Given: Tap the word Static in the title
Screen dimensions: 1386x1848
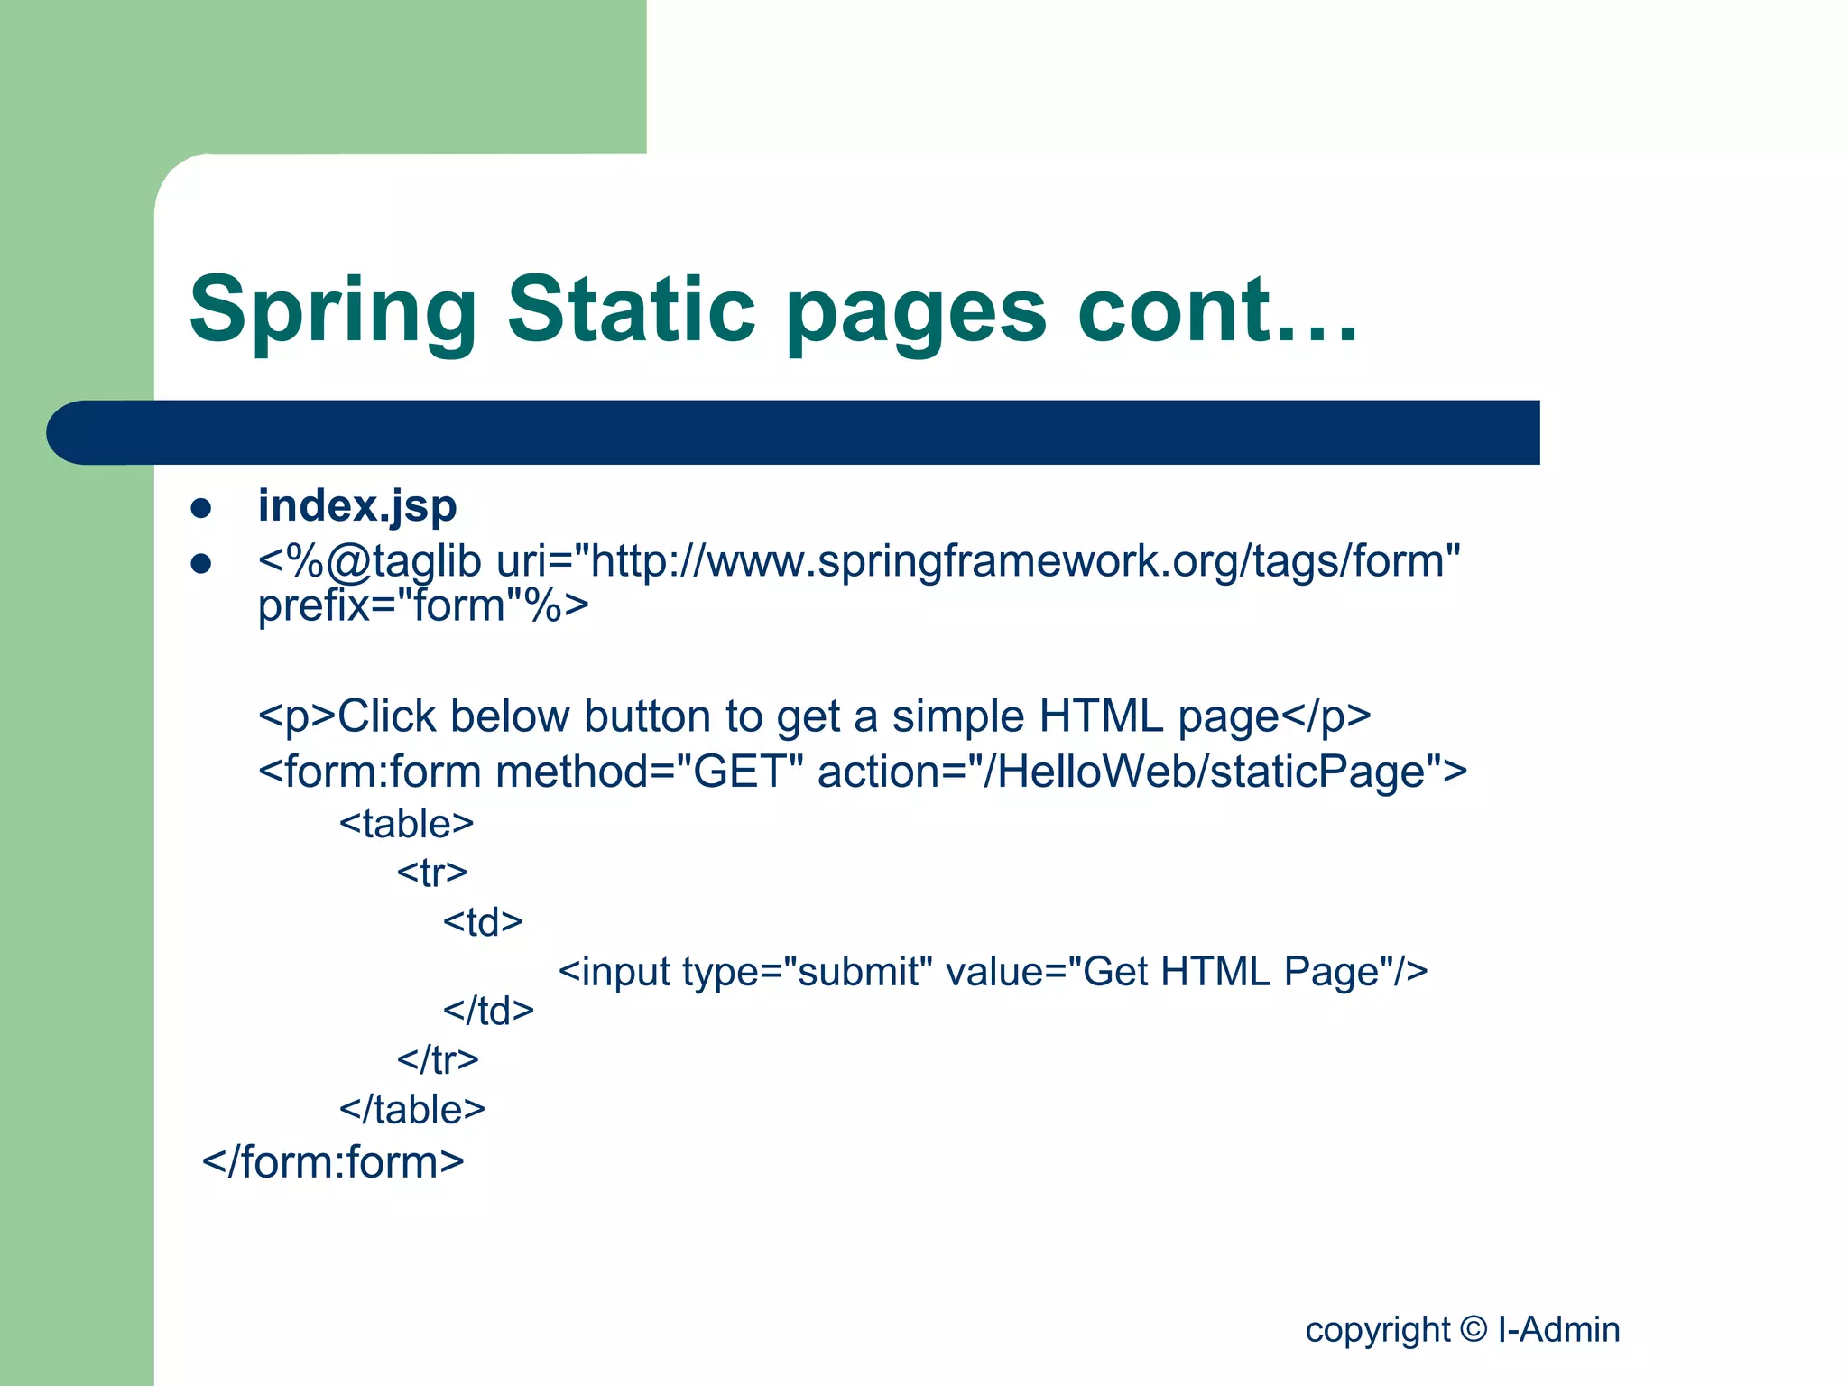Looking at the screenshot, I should [x=631, y=309].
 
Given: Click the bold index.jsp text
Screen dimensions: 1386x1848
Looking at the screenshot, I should [x=357, y=506].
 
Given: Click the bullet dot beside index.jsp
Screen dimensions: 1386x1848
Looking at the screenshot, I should [x=201, y=508].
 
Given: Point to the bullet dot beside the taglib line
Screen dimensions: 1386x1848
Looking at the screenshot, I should [x=201, y=565].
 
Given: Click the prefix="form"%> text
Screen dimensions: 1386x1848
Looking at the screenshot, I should [x=423, y=605].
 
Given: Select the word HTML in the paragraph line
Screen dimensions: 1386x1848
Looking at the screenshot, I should [x=1100, y=716].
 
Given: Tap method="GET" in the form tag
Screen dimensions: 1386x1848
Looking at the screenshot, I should [x=649, y=772].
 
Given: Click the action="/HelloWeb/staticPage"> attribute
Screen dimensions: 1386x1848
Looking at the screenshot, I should [x=1141, y=772].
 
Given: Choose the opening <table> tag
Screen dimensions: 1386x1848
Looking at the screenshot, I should [x=406, y=824].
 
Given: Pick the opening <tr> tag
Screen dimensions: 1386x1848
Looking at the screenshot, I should [x=431, y=873].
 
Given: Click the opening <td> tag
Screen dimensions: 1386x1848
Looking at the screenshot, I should [x=483, y=922].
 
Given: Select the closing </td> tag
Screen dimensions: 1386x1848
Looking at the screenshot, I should [x=488, y=1011].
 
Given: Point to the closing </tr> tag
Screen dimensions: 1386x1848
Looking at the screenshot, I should [x=438, y=1059].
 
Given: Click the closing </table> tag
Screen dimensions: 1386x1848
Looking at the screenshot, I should [x=412, y=1110].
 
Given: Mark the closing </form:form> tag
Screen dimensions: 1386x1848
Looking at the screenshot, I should [x=333, y=1162].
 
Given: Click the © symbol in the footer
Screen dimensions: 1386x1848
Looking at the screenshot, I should [x=1473, y=1328].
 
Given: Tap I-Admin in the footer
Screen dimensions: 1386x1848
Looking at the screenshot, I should [x=1558, y=1329].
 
